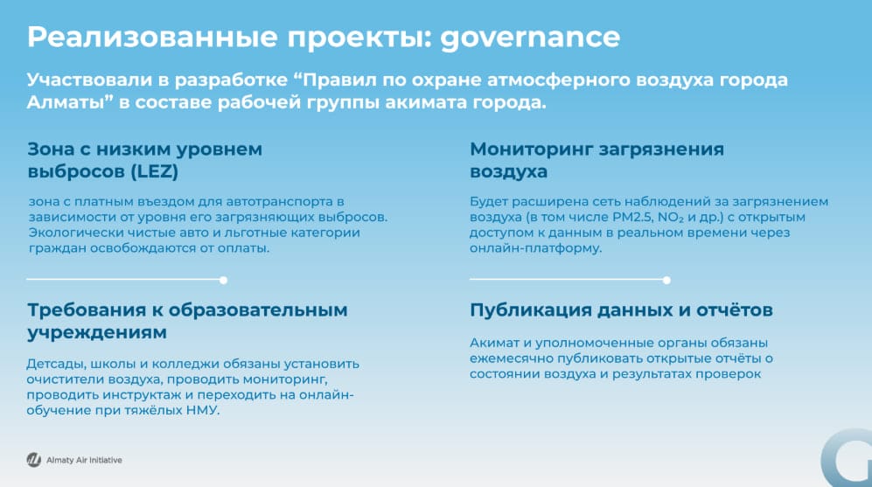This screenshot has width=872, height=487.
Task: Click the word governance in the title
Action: (530, 38)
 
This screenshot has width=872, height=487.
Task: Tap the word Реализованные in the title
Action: (152, 37)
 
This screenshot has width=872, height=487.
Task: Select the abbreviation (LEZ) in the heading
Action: (155, 171)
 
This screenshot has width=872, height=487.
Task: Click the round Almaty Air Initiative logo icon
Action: (34, 460)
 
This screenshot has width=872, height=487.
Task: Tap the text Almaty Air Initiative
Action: (84, 460)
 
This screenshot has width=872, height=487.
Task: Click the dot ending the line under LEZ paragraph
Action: (223, 280)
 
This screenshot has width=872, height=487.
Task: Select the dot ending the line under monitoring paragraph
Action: (666, 280)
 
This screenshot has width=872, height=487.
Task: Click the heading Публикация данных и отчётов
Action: (621, 310)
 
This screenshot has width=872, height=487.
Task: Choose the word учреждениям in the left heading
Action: (97, 333)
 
